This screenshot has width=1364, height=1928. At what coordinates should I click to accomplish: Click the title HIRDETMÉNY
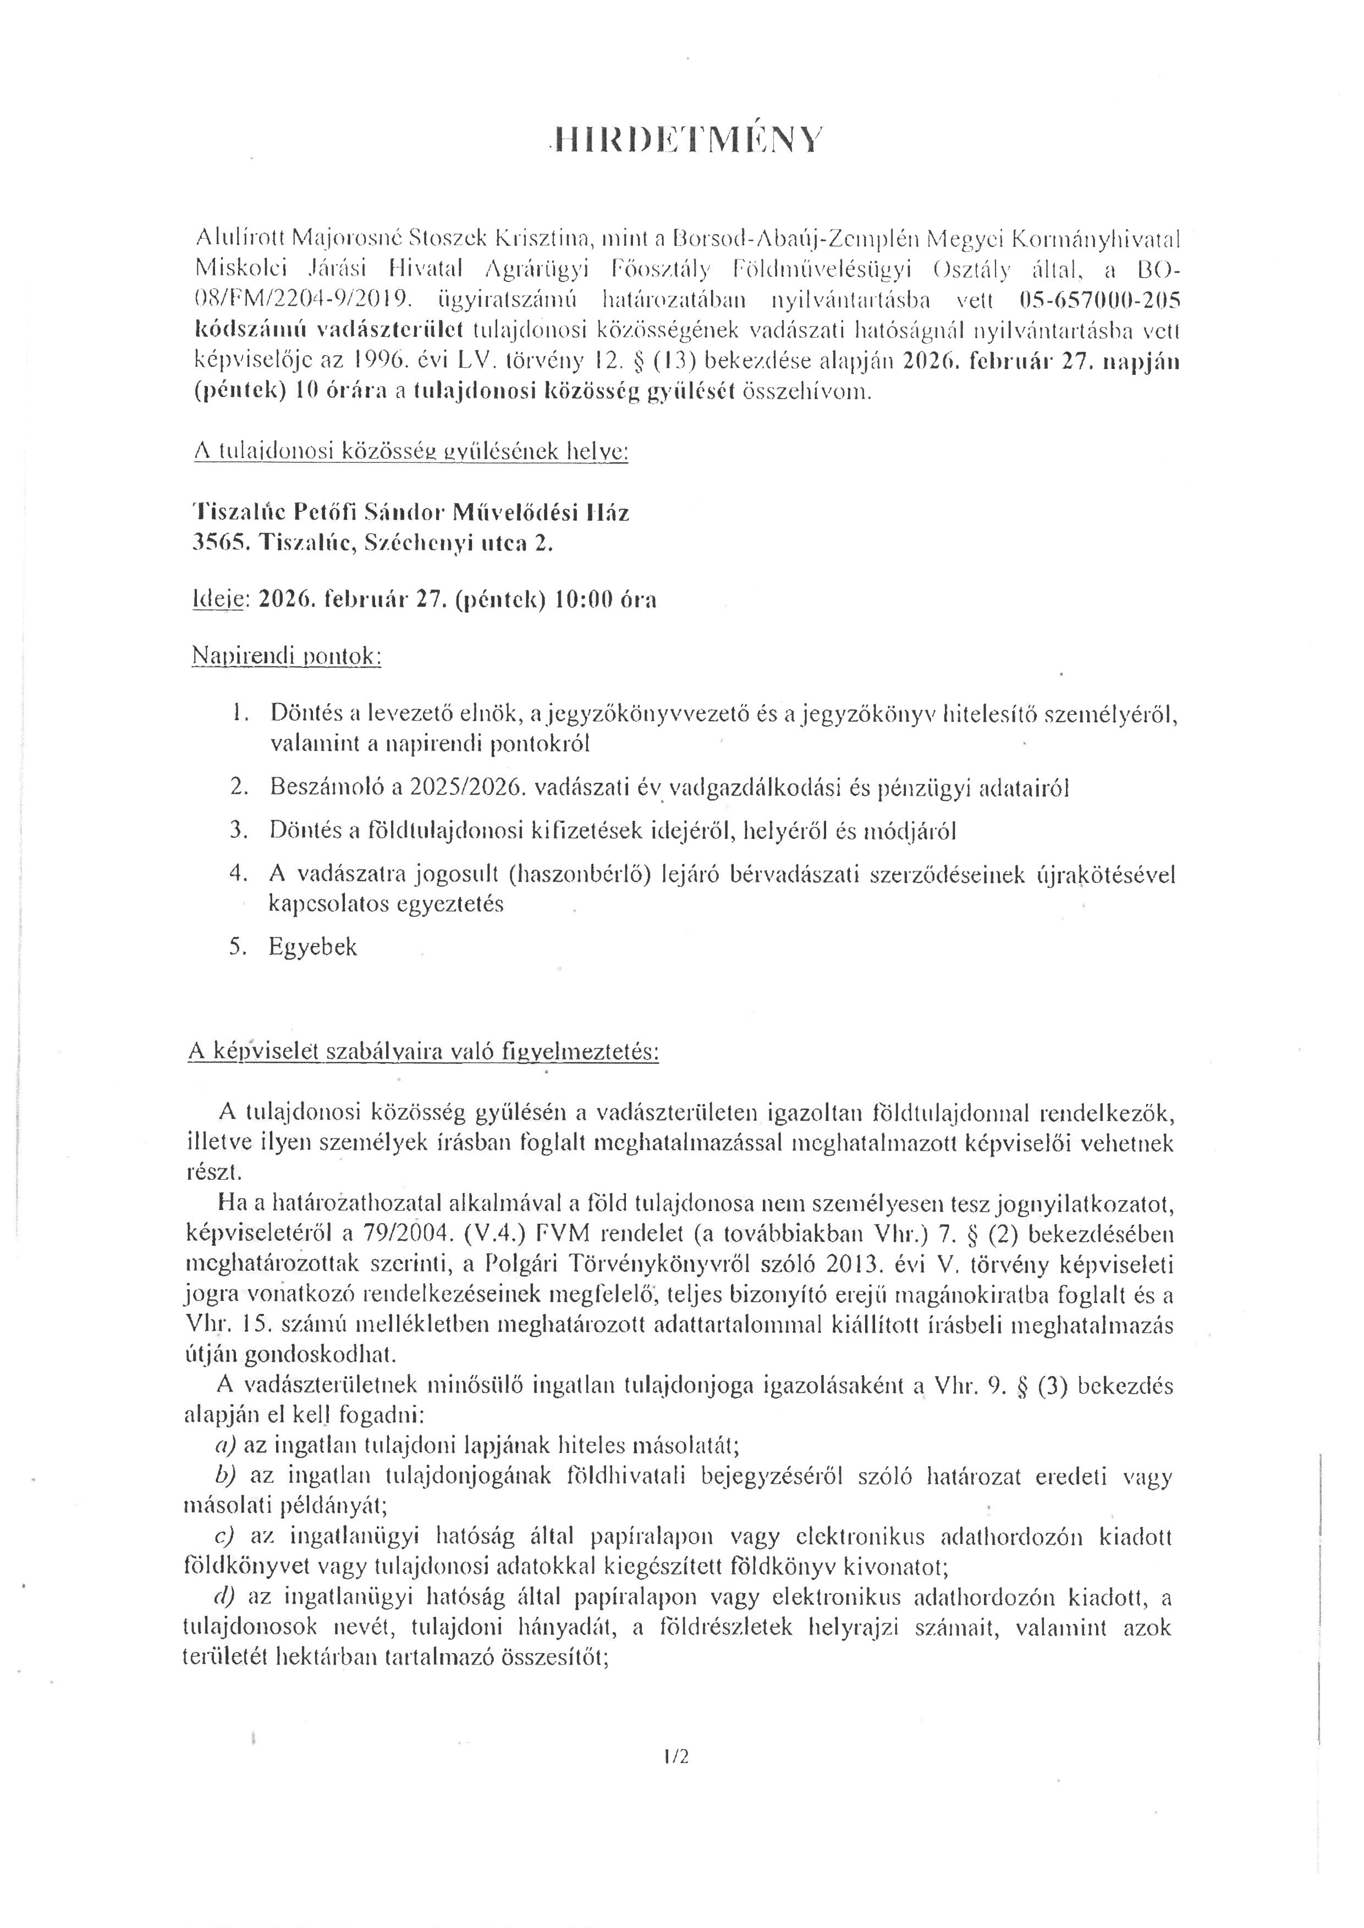pyautogui.click(x=682, y=140)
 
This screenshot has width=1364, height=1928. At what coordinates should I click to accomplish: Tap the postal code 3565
pyautogui.click(x=218, y=543)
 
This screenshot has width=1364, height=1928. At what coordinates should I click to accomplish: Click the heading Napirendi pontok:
pyautogui.click(x=287, y=656)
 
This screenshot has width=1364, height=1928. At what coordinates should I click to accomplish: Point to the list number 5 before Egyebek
pyautogui.click(x=237, y=947)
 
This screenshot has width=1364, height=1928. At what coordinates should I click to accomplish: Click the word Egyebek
pyautogui.click(x=312, y=947)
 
